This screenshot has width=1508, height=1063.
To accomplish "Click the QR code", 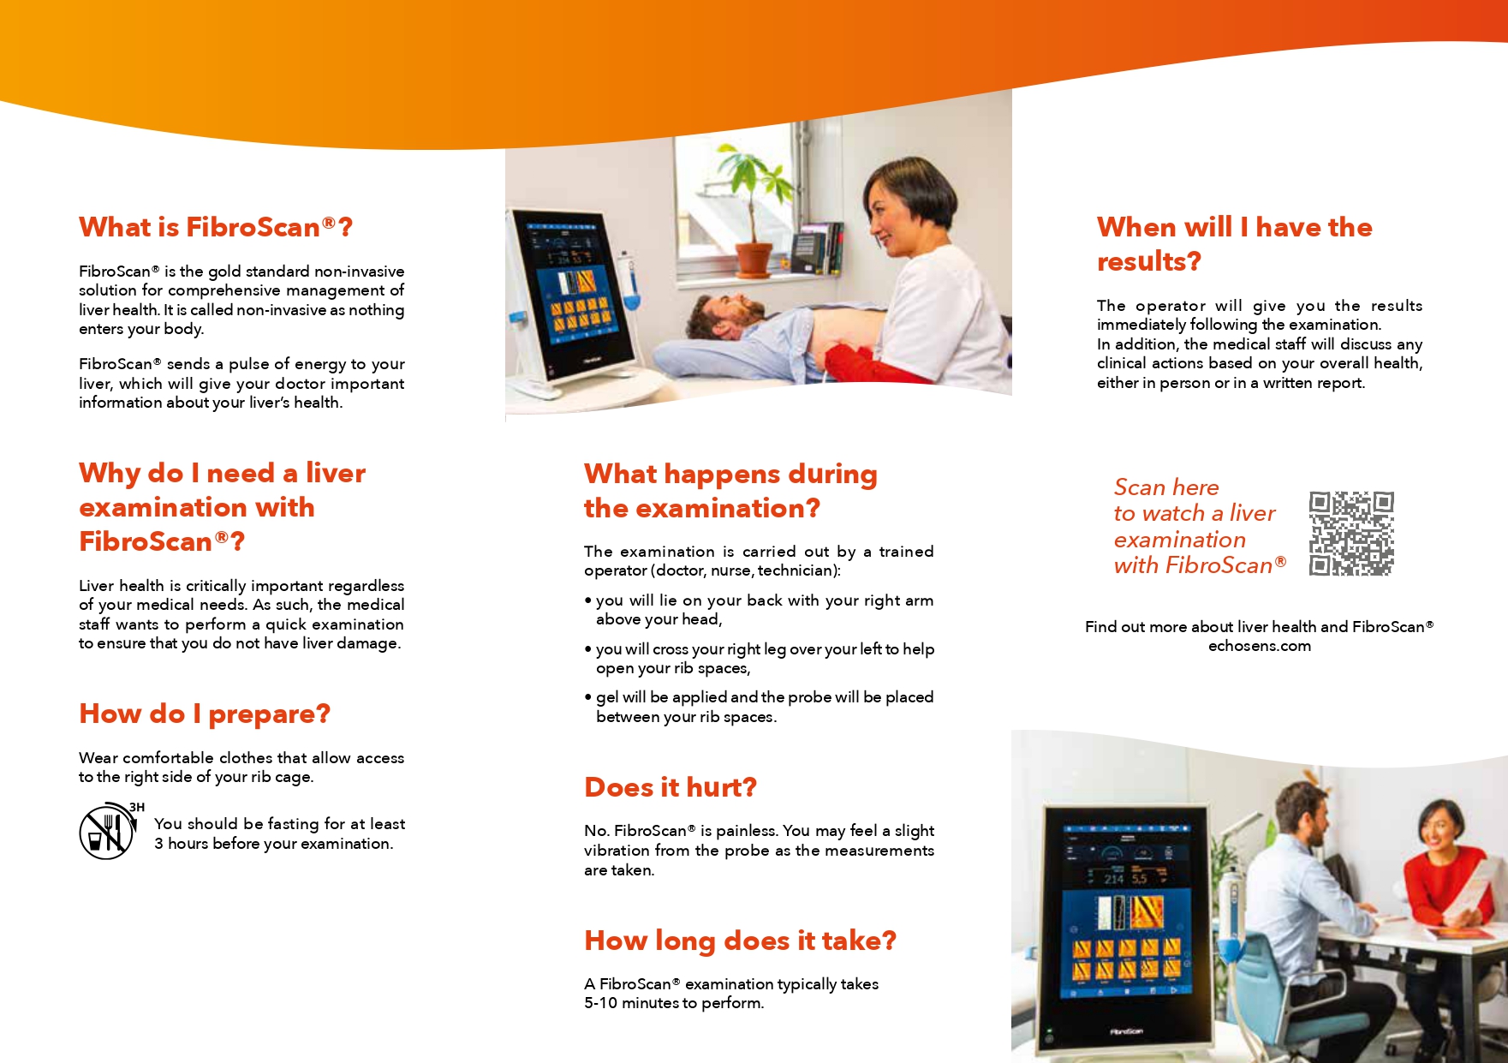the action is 1351,533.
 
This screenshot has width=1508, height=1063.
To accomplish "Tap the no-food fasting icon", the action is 106,831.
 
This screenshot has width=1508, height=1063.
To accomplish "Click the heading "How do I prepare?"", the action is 205,714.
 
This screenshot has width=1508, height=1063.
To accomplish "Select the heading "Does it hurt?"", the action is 671,787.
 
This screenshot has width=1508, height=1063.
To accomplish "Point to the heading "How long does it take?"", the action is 741,941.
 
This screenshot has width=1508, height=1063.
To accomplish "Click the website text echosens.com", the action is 1260,646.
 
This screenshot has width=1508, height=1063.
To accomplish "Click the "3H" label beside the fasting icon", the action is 137,807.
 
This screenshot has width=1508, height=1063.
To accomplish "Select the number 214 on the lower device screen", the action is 1113,879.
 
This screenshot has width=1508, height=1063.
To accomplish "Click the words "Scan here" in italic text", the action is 1166,487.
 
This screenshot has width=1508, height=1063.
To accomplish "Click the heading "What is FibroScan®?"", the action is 216,227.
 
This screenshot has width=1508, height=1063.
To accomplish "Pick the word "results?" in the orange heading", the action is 1149,261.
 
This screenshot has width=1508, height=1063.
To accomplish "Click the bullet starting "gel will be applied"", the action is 760,707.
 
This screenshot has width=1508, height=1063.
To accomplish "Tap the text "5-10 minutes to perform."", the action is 674,1003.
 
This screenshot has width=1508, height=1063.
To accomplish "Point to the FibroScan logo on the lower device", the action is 1126,1031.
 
